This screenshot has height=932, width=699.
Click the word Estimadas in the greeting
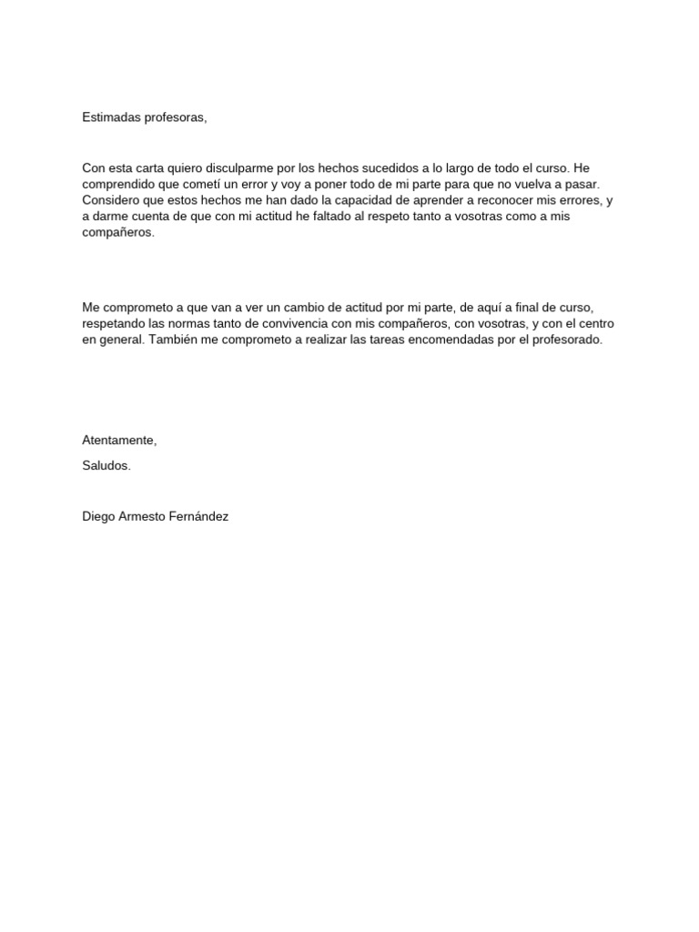pos(110,117)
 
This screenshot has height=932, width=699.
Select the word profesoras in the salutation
pos(175,117)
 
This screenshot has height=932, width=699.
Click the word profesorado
pos(565,340)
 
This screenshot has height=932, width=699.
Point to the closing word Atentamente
pos(119,441)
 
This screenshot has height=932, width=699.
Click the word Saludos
pos(106,466)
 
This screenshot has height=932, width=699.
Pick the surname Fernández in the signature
pos(198,517)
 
